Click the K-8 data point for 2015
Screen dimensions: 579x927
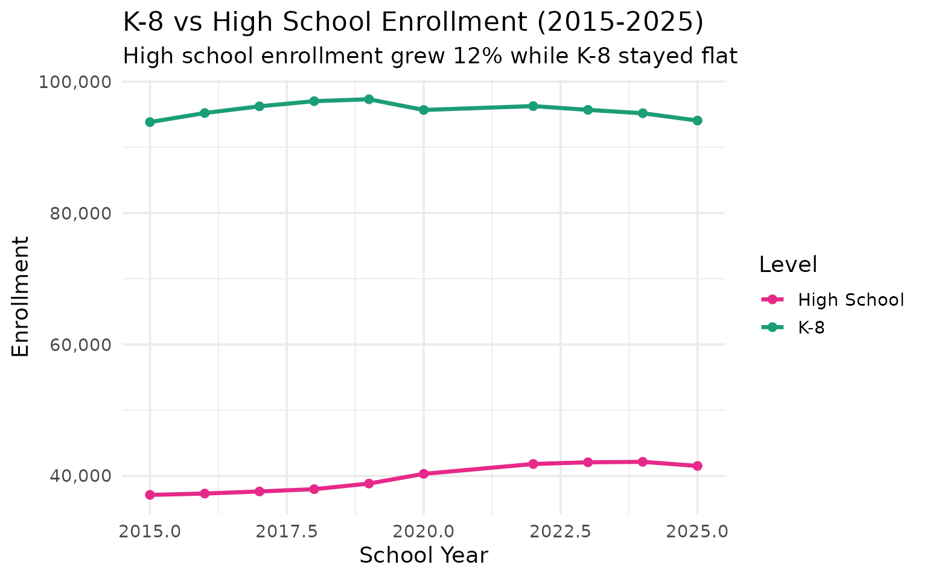point(150,122)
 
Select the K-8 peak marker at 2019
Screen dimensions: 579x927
point(369,99)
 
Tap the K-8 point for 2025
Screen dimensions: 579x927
point(697,121)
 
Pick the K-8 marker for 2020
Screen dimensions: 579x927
point(424,110)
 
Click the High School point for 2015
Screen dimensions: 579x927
point(150,495)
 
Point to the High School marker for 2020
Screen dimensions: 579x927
point(424,473)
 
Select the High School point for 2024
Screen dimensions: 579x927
point(642,462)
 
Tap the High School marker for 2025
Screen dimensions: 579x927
point(697,466)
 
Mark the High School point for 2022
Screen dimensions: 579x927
point(533,464)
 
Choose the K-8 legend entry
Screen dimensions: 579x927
point(811,327)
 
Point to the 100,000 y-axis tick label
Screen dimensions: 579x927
point(76,82)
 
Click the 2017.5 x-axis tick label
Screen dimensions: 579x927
point(287,532)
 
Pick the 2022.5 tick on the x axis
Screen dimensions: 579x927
point(560,532)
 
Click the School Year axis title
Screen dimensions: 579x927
point(423,555)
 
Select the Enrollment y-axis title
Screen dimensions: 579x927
point(21,296)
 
